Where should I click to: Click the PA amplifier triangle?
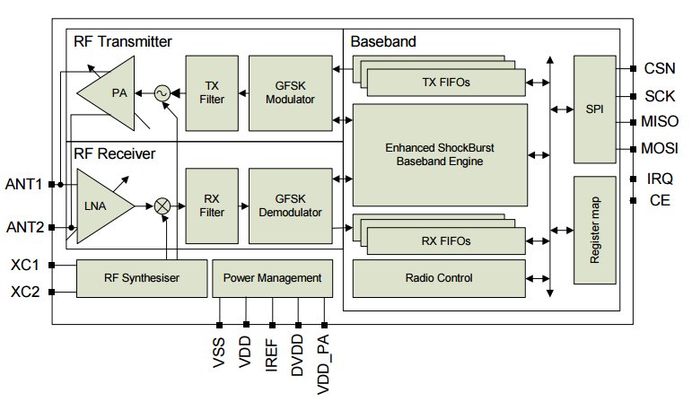tap(111, 93)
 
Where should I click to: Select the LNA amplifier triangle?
tap(101, 206)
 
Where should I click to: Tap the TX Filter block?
tap(212, 93)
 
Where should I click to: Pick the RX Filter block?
tap(212, 205)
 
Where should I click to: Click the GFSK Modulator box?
tap(291, 93)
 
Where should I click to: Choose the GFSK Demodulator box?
tap(291, 205)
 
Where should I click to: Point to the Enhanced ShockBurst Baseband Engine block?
tap(440, 155)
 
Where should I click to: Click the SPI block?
tap(594, 109)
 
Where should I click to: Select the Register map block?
tap(594, 230)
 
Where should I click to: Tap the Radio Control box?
tap(439, 278)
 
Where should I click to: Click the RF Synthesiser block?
tap(142, 278)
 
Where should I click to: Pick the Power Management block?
tap(272, 278)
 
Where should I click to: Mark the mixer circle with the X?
tap(162, 206)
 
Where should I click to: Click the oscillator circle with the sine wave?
tap(162, 93)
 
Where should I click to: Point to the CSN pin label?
tap(660, 68)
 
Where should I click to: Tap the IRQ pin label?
tap(660, 179)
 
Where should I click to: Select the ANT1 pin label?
tap(23, 184)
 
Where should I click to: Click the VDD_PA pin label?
tap(323, 364)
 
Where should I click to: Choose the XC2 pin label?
tap(25, 292)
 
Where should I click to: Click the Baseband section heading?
tap(383, 41)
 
